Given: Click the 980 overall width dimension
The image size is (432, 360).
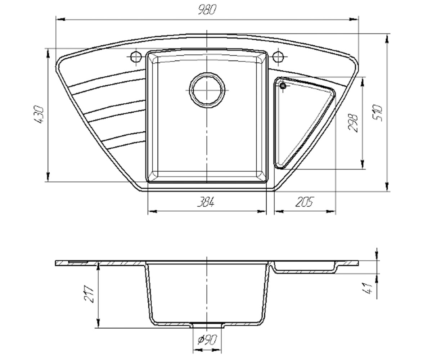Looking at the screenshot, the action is tap(207, 10).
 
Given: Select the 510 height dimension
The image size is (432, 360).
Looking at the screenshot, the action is tap(377, 113).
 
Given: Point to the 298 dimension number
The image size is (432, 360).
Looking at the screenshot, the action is tap(353, 122).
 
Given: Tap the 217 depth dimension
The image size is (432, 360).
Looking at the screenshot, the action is tap(89, 294).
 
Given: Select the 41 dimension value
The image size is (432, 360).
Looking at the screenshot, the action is tap(368, 288).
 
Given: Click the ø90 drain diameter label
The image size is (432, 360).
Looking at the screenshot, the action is tap(207, 339).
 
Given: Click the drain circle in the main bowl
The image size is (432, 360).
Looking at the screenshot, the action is tap(207, 90).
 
